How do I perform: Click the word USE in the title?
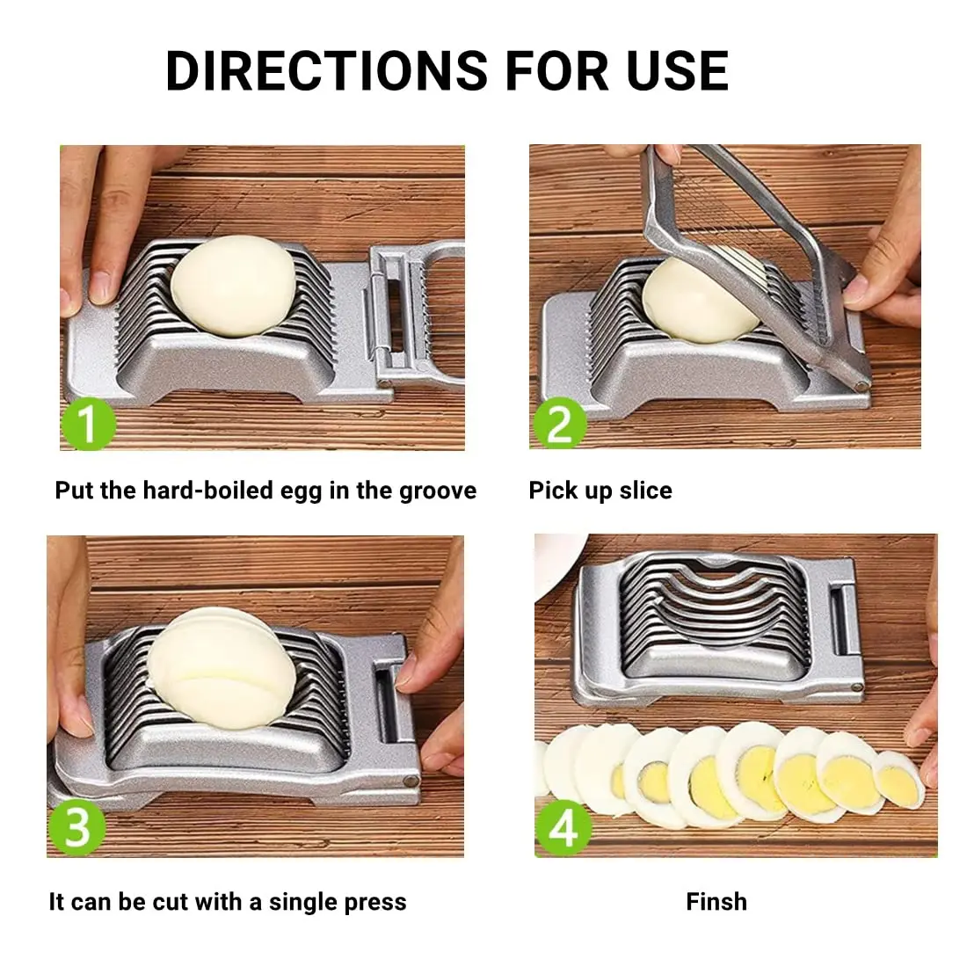[x=677, y=71]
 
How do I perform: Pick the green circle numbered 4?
[x=563, y=825]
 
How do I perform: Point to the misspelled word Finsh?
[x=716, y=902]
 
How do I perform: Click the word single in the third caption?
[x=304, y=902]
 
